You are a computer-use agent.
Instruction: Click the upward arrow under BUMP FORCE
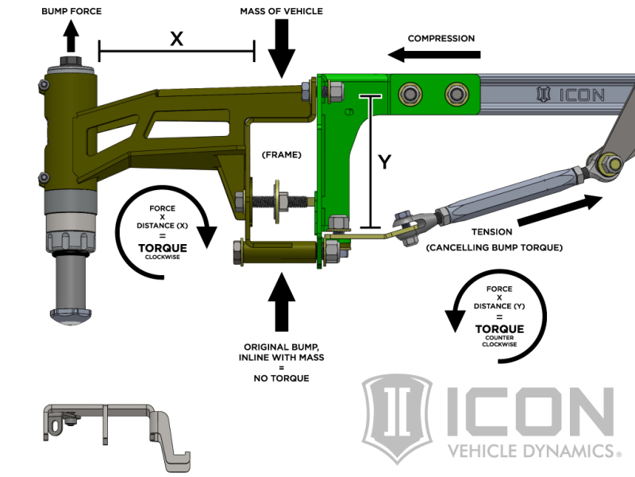click(71, 36)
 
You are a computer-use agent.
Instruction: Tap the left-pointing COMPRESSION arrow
click(435, 55)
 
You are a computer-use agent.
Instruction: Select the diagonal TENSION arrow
click(570, 211)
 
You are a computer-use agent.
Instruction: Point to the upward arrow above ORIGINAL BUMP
click(283, 302)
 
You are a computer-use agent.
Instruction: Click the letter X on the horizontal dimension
click(176, 39)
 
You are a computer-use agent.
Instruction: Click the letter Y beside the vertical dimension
click(384, 162)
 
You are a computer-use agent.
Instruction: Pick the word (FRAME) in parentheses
click(283, 154)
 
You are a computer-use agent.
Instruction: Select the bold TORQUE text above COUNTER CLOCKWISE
click(499, 328)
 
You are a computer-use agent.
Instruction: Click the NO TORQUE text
click(283, 378)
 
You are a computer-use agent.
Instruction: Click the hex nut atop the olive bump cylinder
click(71, 63)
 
